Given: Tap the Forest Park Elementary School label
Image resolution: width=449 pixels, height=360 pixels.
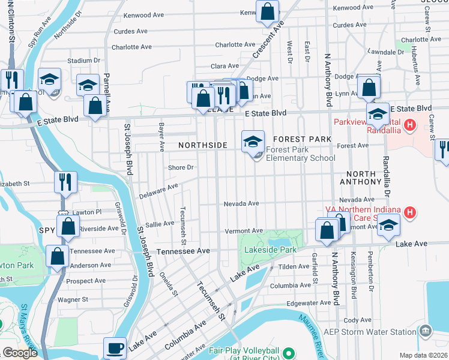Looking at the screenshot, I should click(300, 154).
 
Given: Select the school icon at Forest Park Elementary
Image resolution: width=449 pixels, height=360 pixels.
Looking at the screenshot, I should click(253, 142).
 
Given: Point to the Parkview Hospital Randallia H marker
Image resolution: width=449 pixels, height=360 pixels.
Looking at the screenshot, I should click(410, 125).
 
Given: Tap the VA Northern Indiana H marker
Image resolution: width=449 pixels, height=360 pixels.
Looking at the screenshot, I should click(410, 212).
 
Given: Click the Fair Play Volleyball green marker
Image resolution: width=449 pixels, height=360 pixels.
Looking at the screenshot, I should click(288, 353).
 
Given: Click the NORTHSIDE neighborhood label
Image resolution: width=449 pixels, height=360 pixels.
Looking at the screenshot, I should click(202, 145).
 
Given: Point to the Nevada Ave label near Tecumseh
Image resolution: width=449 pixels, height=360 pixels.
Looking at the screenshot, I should click(241, 203).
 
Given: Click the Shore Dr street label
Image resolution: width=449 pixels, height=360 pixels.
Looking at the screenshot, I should click(181, 167).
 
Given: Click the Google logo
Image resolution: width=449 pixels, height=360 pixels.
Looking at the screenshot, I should click(19, 353).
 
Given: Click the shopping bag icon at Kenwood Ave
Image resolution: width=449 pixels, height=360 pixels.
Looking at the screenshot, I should click(267, 11).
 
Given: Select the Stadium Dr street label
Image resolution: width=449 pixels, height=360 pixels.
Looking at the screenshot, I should click(83, 61).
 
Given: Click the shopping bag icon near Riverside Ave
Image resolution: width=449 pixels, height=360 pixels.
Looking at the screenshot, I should click(68, 226).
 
